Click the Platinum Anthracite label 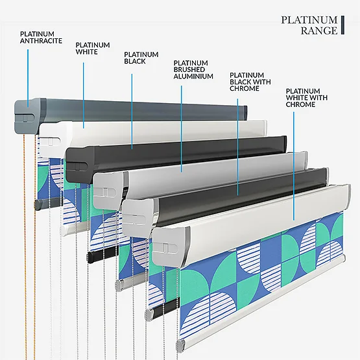tap(41, 38)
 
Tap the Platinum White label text tap(93, 49)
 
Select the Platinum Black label tap(141, 58)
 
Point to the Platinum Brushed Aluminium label tap(193, 69)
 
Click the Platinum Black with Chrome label tap(250, 82)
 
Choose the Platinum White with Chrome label tap(306, 98)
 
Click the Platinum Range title tap(309, 25)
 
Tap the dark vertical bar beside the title tap(342, 25)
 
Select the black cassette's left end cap tap(80, 164)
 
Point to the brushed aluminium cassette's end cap tap(108, 190)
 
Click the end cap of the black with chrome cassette tap(138, 217)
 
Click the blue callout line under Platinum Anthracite tap(28, 78)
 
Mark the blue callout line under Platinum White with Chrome tap(294, 166)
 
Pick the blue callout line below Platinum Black tap(132, 112)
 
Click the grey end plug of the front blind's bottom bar tap(181, 345)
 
